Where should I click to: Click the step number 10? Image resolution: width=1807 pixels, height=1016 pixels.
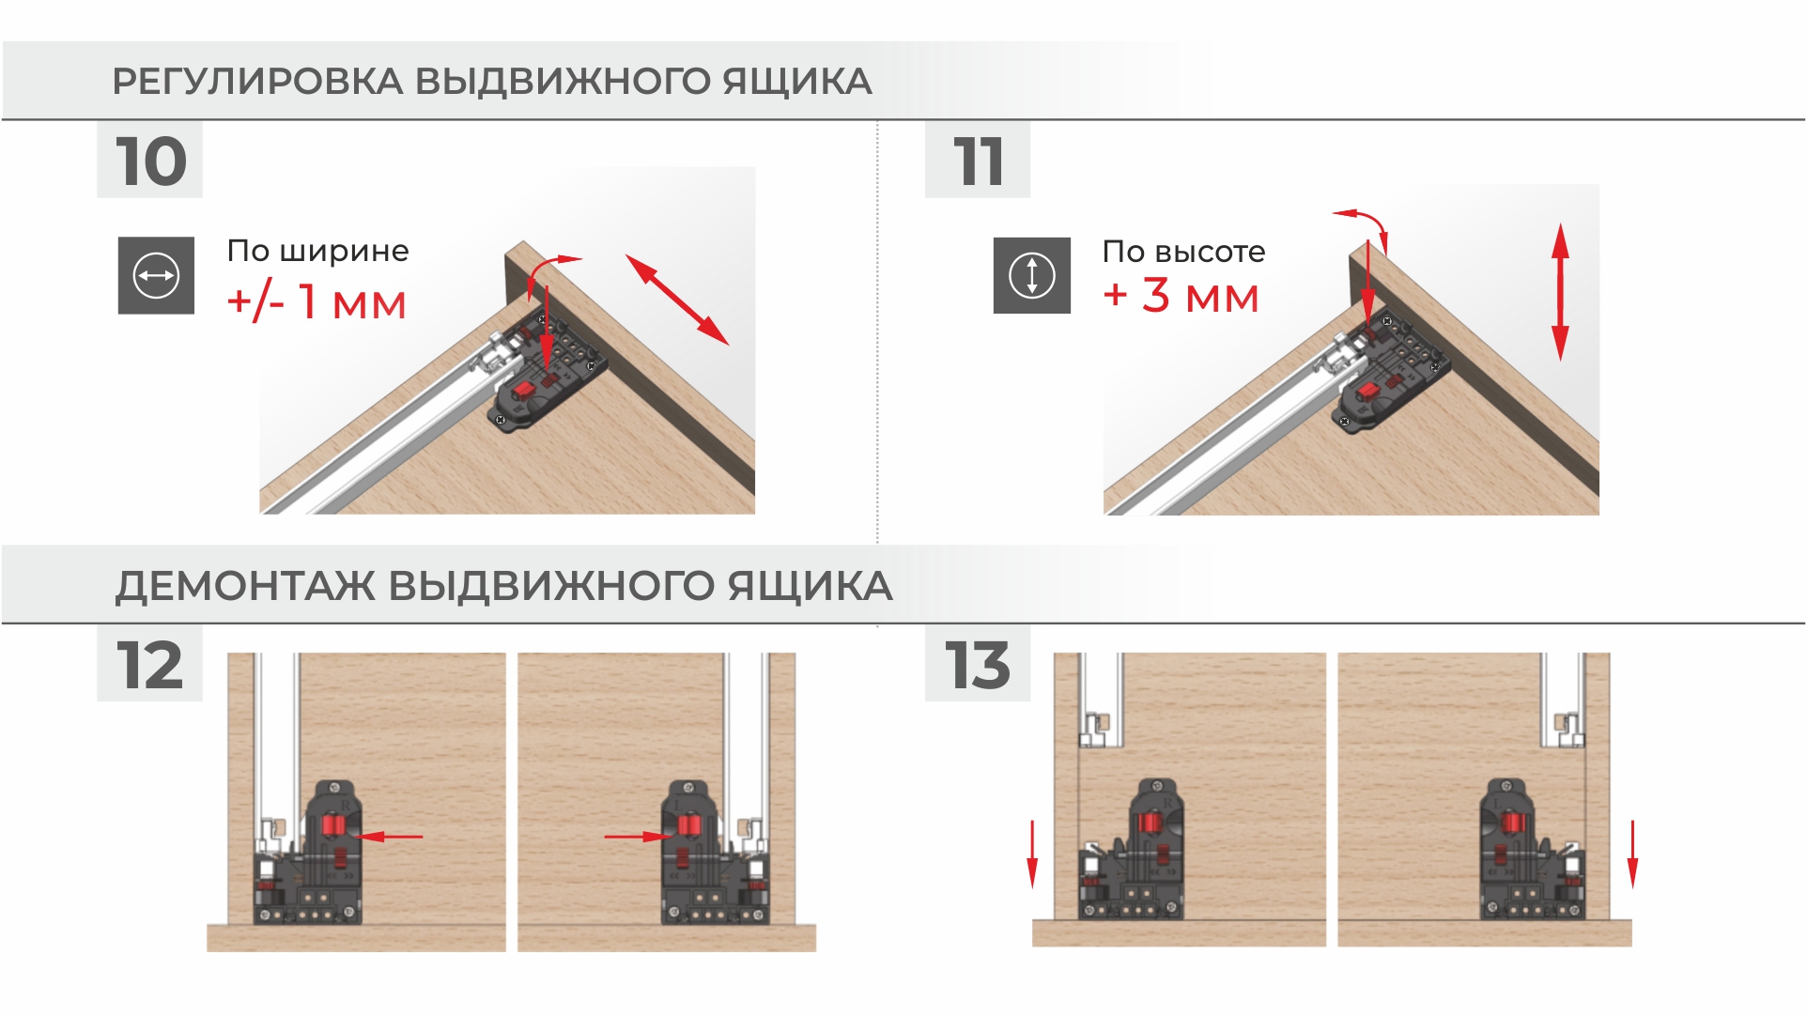coord(151,162)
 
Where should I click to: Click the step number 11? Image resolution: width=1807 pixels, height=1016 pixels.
coord(979,162)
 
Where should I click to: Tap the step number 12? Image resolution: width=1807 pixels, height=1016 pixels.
coord(149,666)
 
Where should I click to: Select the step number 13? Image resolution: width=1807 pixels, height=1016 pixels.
coord(978,666)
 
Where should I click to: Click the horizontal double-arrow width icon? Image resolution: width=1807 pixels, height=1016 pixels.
coord(156,275)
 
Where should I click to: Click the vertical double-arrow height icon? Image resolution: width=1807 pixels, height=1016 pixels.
coord(1032,275)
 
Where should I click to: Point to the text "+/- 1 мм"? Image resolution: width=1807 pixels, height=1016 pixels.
coord(317,302)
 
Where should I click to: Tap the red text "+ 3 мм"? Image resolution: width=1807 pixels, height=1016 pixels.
coord(1181,296)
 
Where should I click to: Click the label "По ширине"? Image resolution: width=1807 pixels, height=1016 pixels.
coord(317,251)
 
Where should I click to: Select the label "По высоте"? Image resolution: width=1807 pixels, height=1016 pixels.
coord(1183,252)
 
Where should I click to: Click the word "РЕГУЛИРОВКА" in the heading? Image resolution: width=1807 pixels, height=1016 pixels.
coord(258,82)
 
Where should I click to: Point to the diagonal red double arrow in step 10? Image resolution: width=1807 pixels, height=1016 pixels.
coord(677,300)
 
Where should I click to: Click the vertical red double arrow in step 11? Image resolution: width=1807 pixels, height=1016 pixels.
coord(1560,292)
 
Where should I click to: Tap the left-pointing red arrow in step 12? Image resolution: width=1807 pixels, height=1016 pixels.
coord(391,836)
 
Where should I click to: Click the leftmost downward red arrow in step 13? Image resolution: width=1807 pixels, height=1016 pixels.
coord(1032,854)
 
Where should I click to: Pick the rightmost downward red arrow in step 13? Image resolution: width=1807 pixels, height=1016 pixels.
coord(1632,854)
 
